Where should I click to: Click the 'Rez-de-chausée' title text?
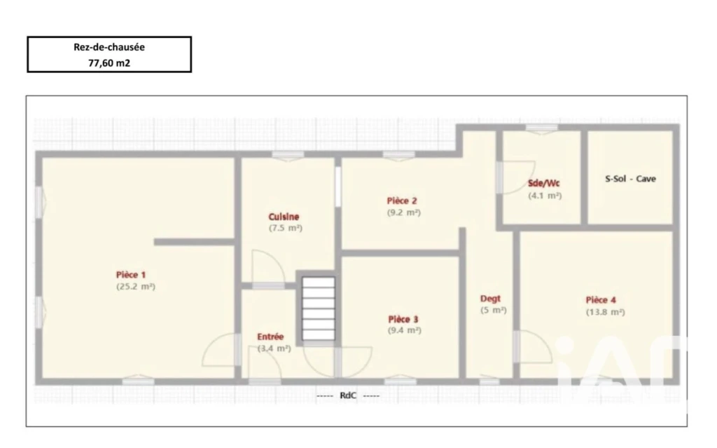click(x=109, y=47)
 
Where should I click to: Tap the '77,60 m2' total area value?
click(x=109, y=63)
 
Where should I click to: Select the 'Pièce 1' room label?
click(x=131, y=275)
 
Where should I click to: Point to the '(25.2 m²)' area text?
click(x=136, y=287)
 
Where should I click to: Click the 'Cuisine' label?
click(x=284, y=217)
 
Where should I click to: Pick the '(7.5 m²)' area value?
click(x=286, y=228)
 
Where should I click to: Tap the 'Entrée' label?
click(x=270, y=337)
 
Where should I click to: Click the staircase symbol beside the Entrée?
click(x=319, y=308)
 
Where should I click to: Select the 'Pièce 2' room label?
click(x=402, y=201)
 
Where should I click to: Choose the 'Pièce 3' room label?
click(x=403, y=319)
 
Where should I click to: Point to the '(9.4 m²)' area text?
click(x=405, y=330)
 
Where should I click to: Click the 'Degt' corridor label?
click(x=490, y=299)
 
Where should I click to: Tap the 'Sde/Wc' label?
click(x=543, y=183)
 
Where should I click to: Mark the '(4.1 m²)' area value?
click(x=545, y=196)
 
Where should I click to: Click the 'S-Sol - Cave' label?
click(x=631, y=179)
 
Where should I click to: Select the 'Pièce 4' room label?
click(x=601, y=300)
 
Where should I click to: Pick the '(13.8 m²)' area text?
click(x=606, y=312)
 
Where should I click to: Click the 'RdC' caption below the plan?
click(x=348, y=395)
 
